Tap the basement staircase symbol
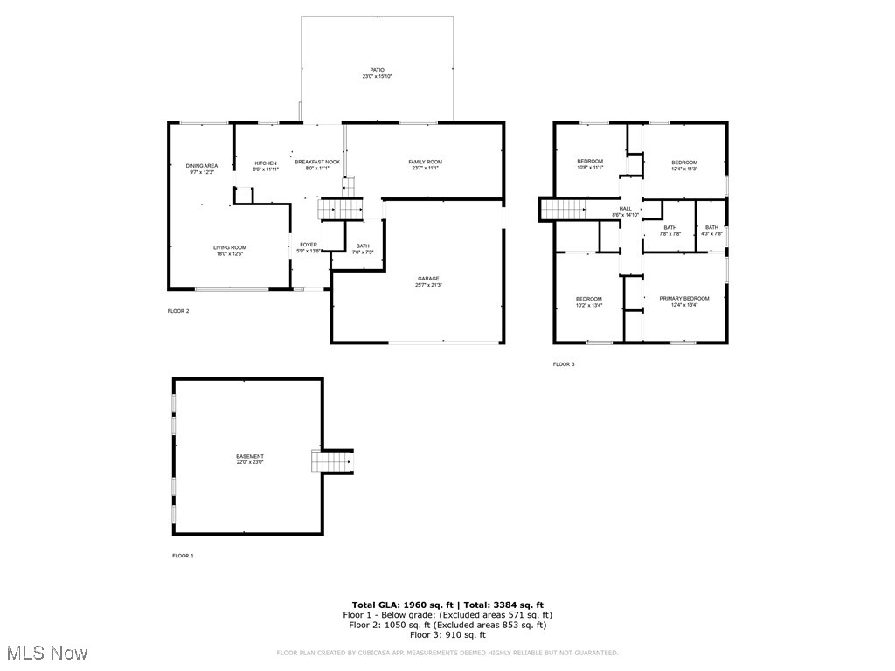tap(332, 460)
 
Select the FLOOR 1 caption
tap(183, 556)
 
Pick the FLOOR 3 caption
tap(564, 363)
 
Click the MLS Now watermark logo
tap(45, 653)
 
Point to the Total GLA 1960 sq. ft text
tap(399, 605)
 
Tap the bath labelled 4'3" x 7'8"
tap(712, 231)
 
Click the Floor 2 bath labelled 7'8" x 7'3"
tap(363, 249)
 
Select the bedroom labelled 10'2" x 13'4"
tap(589, 302)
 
